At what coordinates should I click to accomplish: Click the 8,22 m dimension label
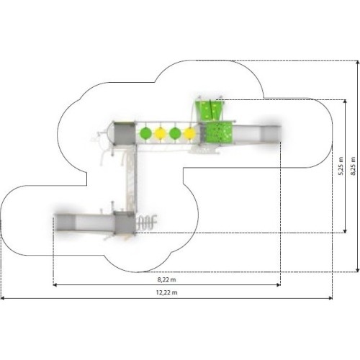(x=166, y=279)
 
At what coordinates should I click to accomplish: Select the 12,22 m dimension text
(x=166, y=292)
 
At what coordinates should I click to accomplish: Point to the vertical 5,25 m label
(x=341, y=166)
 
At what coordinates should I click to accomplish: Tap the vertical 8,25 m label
(x=353, y=166)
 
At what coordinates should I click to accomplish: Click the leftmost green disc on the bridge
(x=145, y=133)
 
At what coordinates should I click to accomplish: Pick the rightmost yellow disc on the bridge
(x=190, y=133)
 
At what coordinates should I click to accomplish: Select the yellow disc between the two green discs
(x=161, y=133)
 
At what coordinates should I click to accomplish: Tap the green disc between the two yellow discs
(x=175, y=133)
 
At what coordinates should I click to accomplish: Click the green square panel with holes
(x=219, y=132)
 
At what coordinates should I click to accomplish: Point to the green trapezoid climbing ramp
(x=210, y=111)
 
